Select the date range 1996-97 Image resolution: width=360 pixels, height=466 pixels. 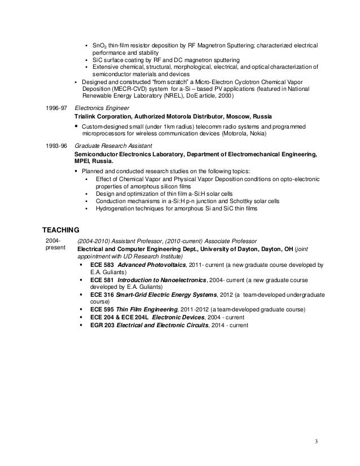point(55,107)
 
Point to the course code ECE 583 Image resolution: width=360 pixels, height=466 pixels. point(101,265)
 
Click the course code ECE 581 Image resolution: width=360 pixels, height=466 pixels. point(101,279)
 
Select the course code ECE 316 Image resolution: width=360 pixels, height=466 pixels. point(101,294)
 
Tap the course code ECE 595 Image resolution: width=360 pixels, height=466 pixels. point(101,310)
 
